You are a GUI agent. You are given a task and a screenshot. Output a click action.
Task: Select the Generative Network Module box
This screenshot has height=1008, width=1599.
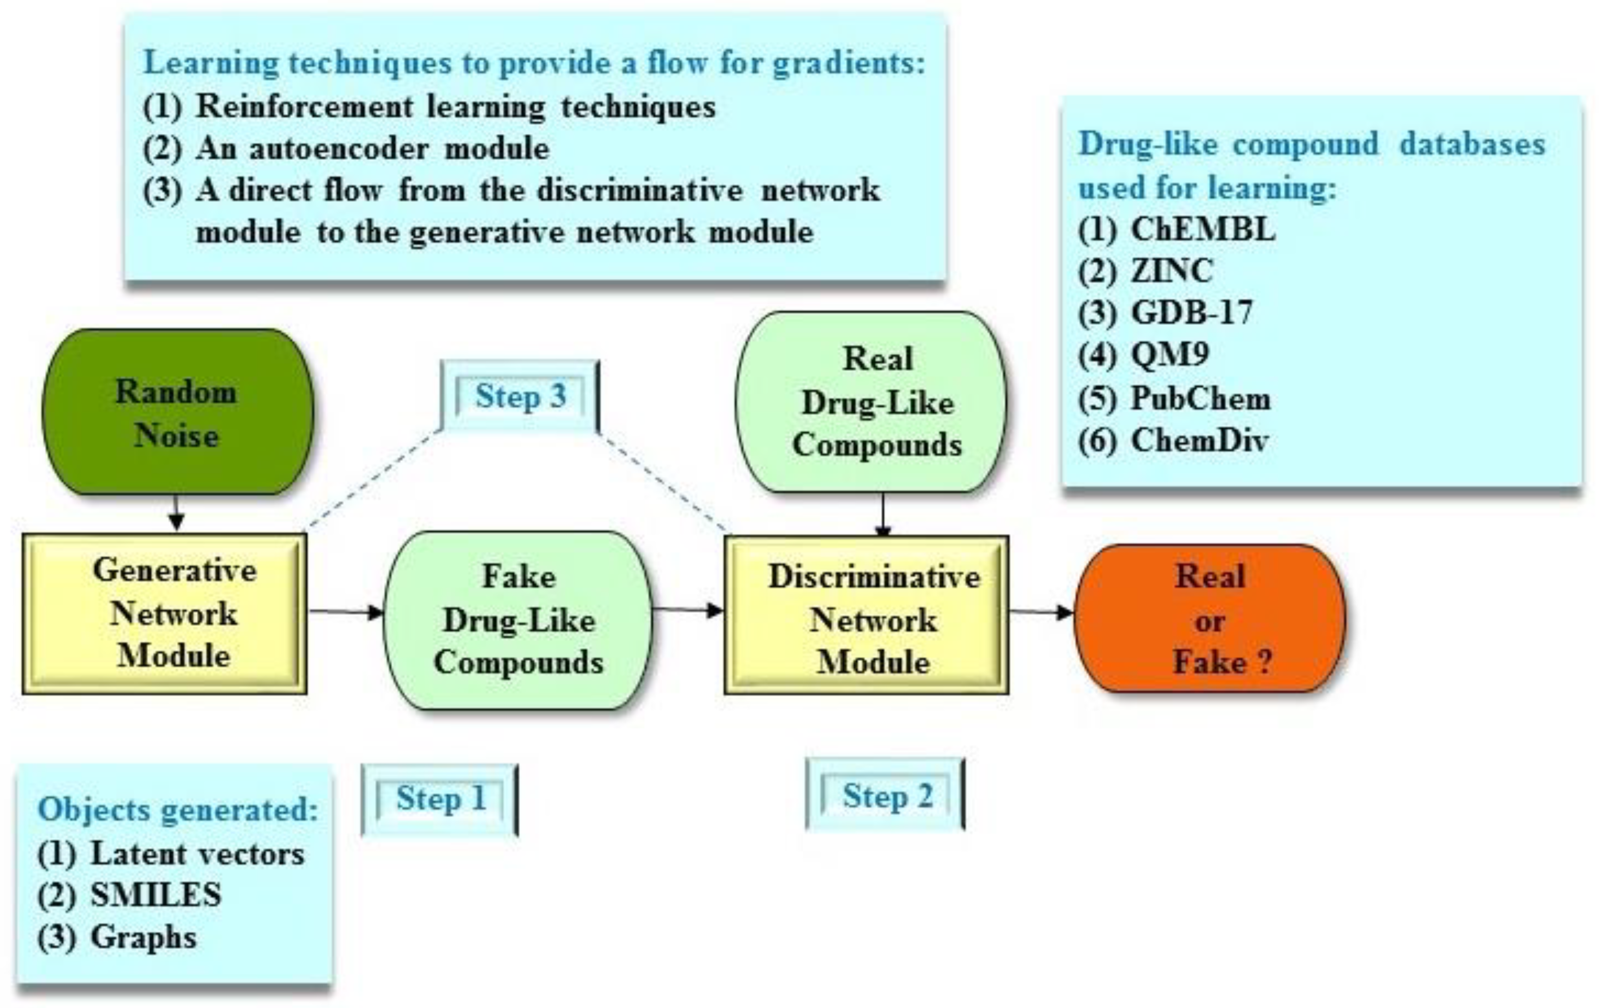[164, 613]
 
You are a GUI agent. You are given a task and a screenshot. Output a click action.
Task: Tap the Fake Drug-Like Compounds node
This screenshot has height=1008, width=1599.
[518, 620]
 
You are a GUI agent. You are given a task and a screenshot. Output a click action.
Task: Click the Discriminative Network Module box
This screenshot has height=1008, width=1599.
[867, 615]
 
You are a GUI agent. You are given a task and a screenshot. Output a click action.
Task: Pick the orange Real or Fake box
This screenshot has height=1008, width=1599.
[1210, 619]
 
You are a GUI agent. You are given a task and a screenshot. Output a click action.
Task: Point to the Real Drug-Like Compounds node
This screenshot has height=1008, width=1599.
[871, 402]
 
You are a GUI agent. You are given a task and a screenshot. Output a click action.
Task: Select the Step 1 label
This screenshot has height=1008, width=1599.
[440, 799]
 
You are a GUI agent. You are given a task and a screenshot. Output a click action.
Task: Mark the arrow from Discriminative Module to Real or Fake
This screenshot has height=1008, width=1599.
[1041, 612]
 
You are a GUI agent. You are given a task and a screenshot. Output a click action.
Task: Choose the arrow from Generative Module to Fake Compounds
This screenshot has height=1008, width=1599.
[345, 611]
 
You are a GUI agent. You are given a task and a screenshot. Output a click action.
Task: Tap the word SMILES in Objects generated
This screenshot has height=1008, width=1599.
[155, 895]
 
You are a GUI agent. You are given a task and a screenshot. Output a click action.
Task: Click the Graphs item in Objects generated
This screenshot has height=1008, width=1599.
[143, 937]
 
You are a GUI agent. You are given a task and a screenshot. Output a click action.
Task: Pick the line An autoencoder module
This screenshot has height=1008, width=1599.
[372, 148]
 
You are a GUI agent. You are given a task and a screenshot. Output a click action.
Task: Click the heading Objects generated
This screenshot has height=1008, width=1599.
[178, 809]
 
